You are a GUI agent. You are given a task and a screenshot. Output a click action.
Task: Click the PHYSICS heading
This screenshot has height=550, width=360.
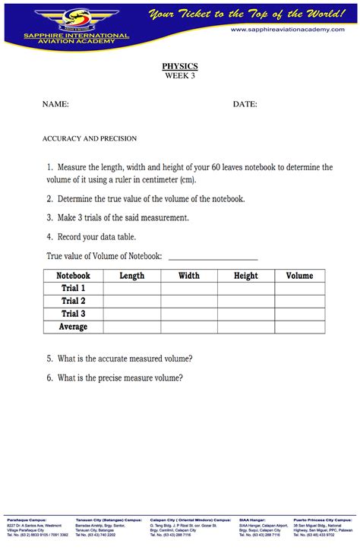coord(180,66)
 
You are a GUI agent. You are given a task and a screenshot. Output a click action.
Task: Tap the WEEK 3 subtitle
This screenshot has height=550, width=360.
coord(180,76)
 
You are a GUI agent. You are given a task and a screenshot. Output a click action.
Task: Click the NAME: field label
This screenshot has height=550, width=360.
coord(56,104)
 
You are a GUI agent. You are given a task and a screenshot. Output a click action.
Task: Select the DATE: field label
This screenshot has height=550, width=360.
coord(245,104)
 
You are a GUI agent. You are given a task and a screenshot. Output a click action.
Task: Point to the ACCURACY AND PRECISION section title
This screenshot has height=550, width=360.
coord(90,138)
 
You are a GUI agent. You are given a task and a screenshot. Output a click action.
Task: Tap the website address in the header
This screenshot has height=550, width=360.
coord(292,29)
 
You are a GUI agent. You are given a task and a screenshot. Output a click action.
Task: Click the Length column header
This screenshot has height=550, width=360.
coord(131,276)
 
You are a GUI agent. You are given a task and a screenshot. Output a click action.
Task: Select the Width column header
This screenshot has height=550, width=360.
coord(189,276)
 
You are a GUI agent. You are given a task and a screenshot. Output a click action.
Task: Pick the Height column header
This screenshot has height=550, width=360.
coord(246,276)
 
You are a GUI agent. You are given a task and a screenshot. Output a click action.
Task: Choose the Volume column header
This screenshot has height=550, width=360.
coord(299,276)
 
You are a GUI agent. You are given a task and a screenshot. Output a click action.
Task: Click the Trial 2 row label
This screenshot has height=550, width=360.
coord(73,302)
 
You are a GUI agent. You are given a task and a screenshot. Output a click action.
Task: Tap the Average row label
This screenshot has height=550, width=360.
coord(73,327)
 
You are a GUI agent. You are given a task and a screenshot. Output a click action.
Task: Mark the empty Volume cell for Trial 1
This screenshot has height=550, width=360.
coord(299,289)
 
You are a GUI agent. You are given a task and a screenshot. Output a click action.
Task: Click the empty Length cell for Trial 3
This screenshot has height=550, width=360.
coord(131,314)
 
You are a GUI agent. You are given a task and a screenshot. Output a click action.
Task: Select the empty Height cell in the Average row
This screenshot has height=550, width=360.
coord(246,327)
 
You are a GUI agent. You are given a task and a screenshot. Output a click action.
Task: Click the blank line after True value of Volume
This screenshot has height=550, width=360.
coord(213,257)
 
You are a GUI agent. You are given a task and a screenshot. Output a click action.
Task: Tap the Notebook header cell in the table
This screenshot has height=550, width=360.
coord(73,276)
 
